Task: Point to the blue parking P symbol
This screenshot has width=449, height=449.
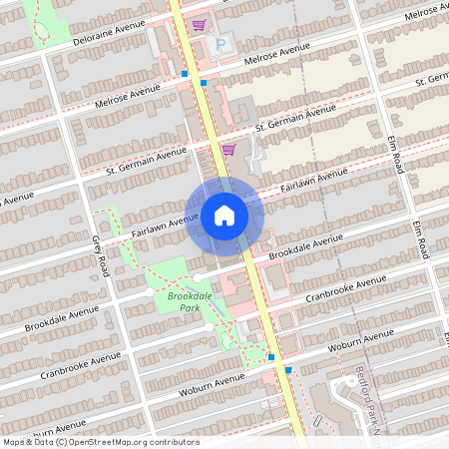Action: (221, 45)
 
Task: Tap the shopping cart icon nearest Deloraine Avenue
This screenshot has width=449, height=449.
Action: (200, 25)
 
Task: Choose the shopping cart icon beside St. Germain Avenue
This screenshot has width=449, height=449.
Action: (228, 151)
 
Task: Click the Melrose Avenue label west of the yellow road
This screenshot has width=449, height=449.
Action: (127, 95)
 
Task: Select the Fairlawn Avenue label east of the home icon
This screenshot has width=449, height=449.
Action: (313, 180)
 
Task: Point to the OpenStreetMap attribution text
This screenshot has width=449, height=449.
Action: (101, 442)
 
